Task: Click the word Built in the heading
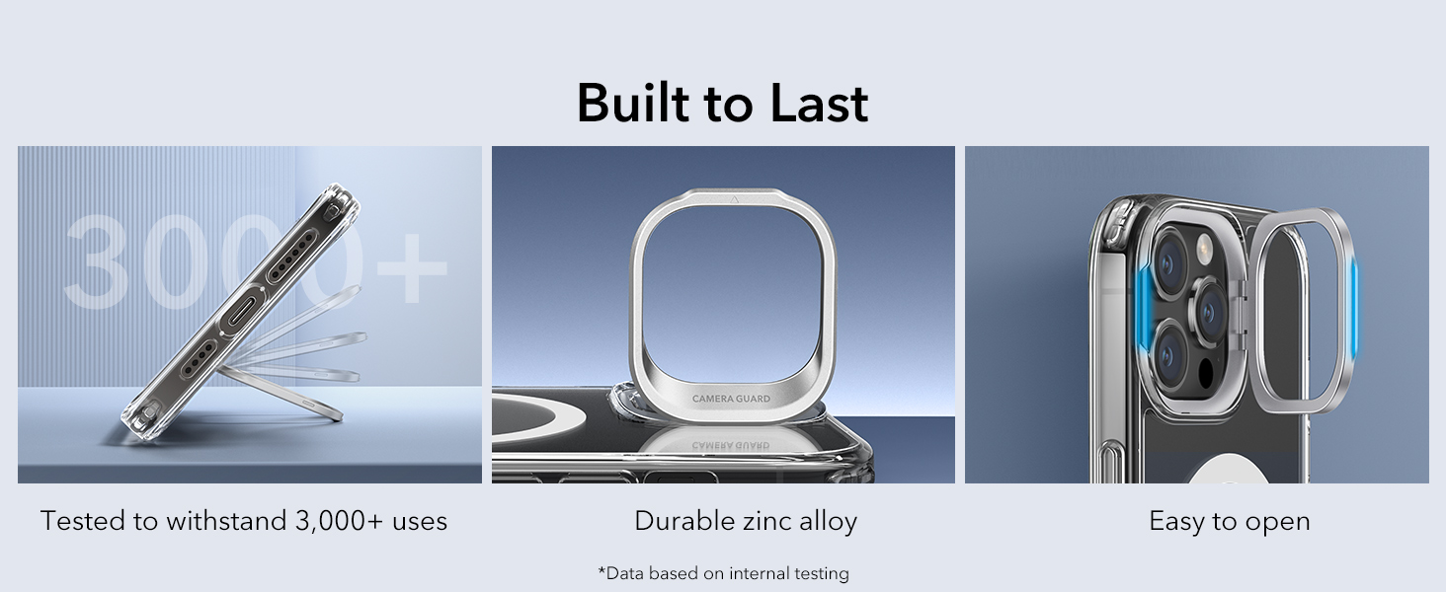pos(633,103)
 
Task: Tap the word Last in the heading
pos(819,103)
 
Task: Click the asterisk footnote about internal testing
pos(723,573)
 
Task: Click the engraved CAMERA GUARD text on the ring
pos(731,399)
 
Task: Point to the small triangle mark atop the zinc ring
pos(733,200)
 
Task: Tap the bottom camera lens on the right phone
pos(1169,354)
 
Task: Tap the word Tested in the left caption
pos(82,521)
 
